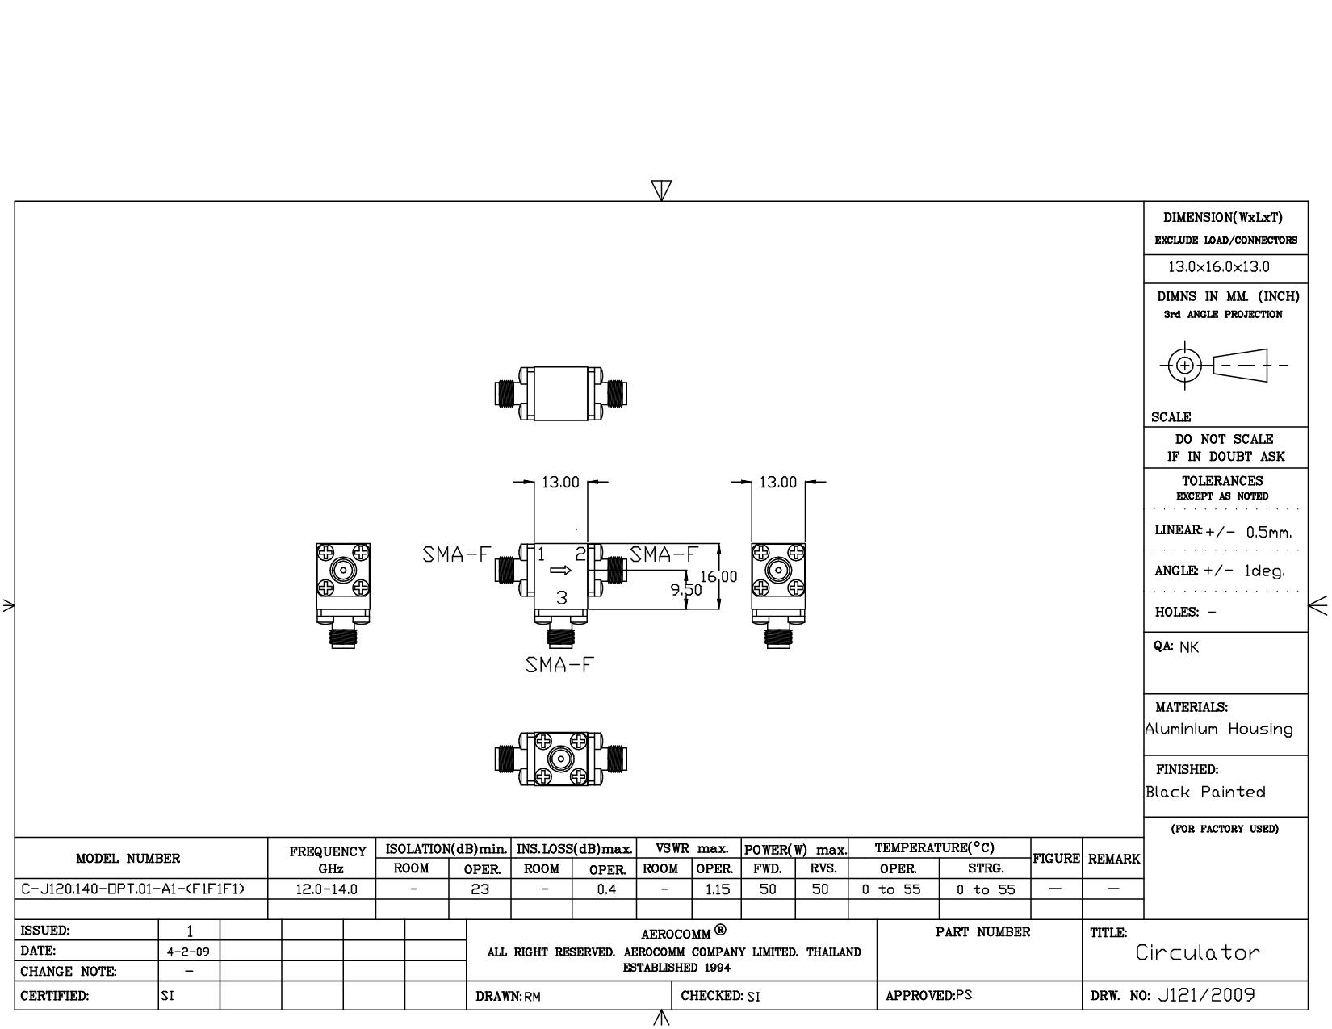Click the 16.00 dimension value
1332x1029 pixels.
coord(718,577)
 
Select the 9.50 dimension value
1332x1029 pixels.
coord(686,590)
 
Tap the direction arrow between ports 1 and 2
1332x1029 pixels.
coord(560,571)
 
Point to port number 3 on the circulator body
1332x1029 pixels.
coord(562,598)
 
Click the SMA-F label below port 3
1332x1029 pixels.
coord(559,665)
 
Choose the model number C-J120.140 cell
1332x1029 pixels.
coord(132,889)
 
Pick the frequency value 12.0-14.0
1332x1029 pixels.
coord(326,889)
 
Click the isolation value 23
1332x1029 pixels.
coord(480,889)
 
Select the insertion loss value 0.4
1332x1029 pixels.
coord(606,889)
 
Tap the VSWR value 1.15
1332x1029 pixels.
coord(717,889)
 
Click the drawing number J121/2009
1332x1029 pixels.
coord(1206,995)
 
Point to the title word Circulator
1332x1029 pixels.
coord(1197,952)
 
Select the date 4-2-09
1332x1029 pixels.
coord(188,952)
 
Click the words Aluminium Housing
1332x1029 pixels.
coord(1219,729)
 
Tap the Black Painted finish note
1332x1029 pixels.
coord(1205,792)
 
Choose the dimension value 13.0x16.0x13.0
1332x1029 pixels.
coord(1219,267)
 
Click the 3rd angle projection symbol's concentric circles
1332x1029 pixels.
coord(1185,366)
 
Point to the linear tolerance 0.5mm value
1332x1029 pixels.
coord(1269,532)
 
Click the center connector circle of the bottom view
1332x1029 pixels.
coord(560,759)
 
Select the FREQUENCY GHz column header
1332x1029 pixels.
coord(328,860)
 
